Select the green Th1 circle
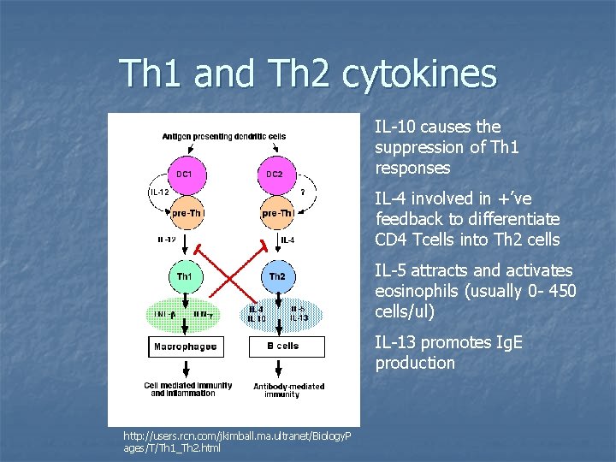(184, 276)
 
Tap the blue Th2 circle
(277, 276)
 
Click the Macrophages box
(185, 346)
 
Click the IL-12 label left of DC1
(159, 192)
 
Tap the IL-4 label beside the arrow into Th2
(288, 240)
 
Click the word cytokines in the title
(418, 74)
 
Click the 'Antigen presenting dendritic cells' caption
(224, 136)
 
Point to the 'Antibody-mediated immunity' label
(288, 390)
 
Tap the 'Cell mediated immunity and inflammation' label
(187, 389)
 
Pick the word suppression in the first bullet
(417, 147)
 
